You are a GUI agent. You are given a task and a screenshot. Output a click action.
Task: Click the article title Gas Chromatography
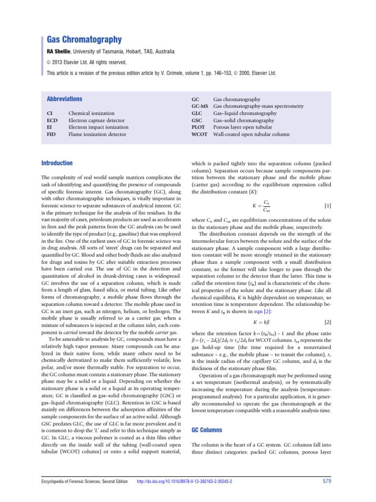84,40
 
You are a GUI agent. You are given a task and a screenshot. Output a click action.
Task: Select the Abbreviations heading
64,99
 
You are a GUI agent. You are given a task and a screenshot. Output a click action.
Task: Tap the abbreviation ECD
52,120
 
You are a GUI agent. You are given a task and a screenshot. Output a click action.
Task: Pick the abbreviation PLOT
199,127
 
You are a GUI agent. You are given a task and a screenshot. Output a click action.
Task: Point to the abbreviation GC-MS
200,106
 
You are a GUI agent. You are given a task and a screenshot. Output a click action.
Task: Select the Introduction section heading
57,163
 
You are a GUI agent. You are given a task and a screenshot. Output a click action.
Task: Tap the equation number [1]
328,206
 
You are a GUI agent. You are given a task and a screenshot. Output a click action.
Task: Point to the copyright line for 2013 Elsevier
86,62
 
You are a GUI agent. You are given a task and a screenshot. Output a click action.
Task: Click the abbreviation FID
52,134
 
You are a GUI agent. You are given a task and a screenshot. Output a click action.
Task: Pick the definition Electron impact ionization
98,127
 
